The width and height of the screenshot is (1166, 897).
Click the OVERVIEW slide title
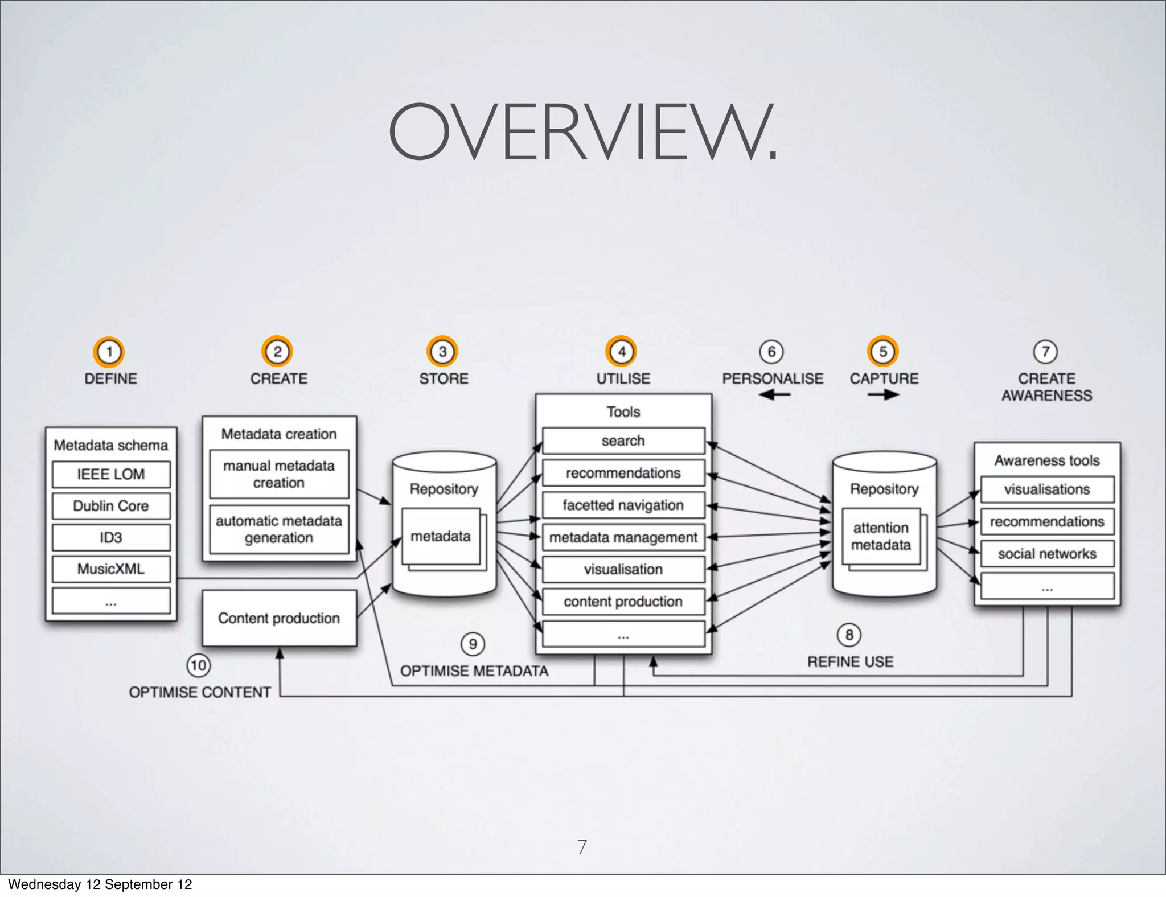(582, 133)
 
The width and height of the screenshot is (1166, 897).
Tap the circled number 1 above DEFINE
(109, 352)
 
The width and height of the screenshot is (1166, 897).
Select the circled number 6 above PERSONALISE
(771, 352)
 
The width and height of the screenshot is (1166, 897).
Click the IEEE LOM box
(111, 474)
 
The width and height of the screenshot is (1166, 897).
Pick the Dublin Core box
(111, 506)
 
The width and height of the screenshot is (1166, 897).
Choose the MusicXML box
(111, 569)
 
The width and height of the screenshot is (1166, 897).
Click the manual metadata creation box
(279, 474)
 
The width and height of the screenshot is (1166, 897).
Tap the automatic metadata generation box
(279, 529)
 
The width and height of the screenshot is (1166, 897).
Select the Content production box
(279, 618)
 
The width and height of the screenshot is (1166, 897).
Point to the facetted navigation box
(623, 505)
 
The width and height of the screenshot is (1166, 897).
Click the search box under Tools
(623, 441)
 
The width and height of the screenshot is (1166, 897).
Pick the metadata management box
(623, 537)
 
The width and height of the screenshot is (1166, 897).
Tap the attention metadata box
(881, 536)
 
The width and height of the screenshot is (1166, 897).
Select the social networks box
(1047, 554)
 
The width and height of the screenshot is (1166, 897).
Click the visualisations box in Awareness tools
(1047, 489)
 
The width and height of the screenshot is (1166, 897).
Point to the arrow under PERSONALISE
(774, 394)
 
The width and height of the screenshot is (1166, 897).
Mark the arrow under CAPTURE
(884, 394)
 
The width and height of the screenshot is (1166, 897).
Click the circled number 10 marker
(198, 665)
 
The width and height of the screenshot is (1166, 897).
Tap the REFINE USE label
(851, 662)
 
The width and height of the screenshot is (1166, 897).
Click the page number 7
(582, 846)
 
